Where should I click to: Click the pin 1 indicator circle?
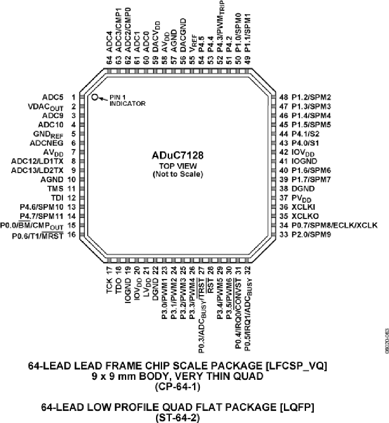click(x=94, y=97)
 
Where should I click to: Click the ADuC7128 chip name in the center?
click(x=178, y=155)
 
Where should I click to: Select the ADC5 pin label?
click(x=53, y=97)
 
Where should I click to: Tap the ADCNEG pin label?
click(x=47, y=143)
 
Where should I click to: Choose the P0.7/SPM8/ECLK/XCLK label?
click(x=335, y=225)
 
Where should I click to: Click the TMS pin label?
click(x=55, y=189)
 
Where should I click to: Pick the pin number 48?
click(x=284, y=97)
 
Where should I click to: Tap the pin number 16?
click(x=72, y=235)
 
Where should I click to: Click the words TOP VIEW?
click(x=178, y=166)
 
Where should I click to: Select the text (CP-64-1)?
click(x=178, y=387)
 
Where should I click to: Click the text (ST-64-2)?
click(x=178, y=418)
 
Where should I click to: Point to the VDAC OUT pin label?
click(x=46, y=107)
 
